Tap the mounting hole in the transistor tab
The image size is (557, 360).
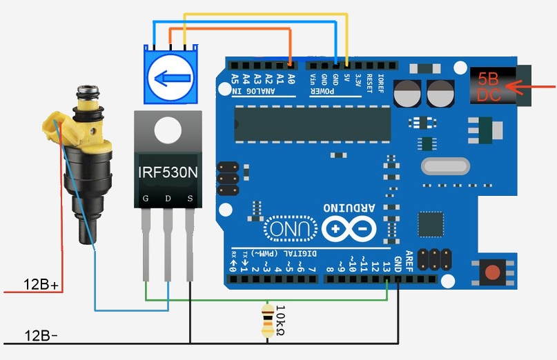coord(166,128)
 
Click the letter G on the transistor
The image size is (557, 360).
coord(146,199)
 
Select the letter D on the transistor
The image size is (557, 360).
coord(168,199)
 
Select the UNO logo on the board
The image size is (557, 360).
coord(284,228)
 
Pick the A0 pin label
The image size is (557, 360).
coord(291,79)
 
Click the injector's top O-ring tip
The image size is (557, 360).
coord(88,90)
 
